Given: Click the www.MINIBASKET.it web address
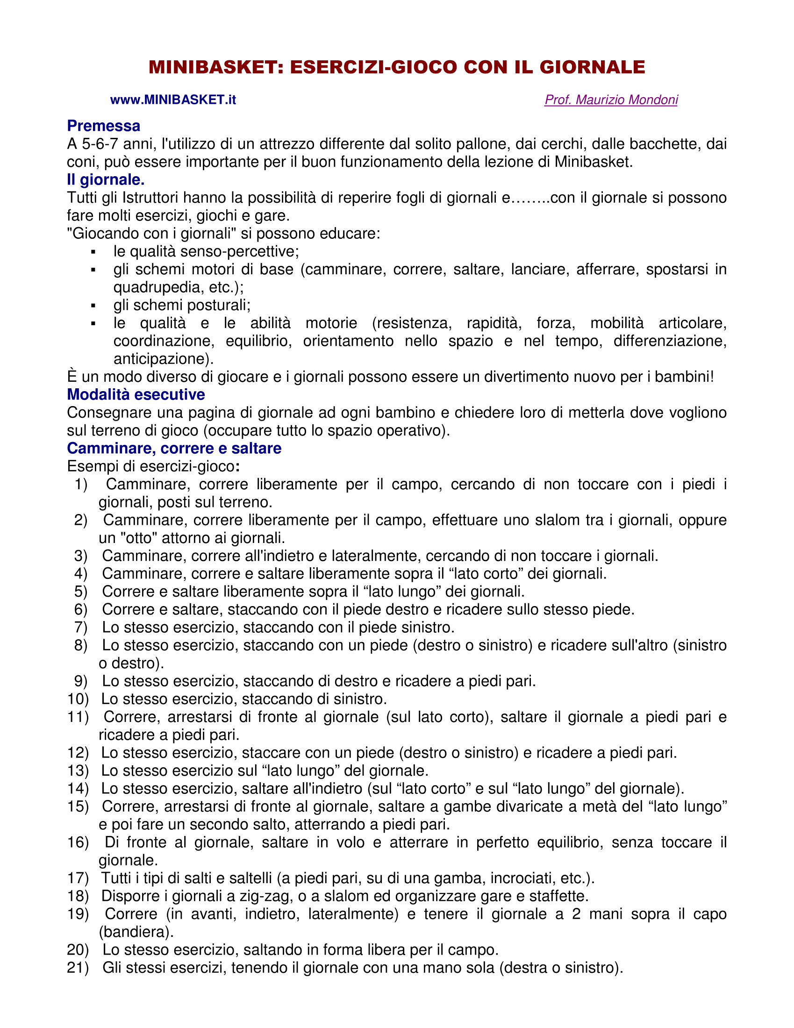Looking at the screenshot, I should [x=173, y=100].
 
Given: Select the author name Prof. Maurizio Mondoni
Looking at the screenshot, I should [x=611, y=100].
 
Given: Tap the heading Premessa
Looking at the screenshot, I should [x=104, y=126].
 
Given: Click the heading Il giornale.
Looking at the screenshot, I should [x=106, y=179].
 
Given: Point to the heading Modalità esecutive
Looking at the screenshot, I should [x=136, y=394].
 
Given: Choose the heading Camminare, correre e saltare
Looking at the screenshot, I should [x=174, y=448].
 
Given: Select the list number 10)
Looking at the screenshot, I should [x=78, y=699].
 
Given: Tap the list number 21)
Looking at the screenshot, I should [x=78, y=968].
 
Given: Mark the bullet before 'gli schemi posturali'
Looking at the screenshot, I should [x=93, y=306].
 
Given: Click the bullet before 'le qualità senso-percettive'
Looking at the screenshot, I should [x=93, y=252].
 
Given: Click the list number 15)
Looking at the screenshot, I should [x=78, y=807].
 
